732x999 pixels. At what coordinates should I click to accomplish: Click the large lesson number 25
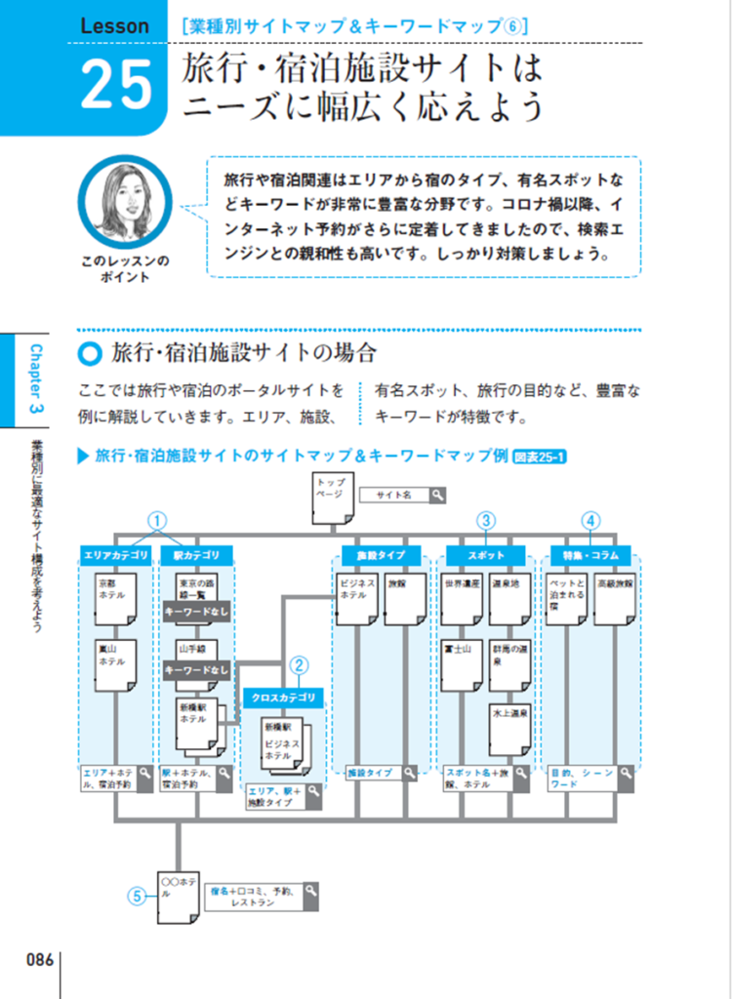click(x=116, y=85)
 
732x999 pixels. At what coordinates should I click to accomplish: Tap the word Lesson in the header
click(x=116, y=26)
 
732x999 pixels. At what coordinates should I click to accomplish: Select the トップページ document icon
click(x=332, y=497)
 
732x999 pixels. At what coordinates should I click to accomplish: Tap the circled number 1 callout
click(x=156, y=520)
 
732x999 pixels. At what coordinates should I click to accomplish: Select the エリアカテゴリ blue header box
click(x=115, y=555)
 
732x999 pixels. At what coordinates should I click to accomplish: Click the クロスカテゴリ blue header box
click(x=285, y=698)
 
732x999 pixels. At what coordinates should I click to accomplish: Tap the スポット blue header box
click(x=487, y=555)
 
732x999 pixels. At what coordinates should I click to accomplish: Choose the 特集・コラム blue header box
click(x=590, y=555)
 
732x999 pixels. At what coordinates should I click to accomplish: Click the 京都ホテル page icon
click(x=115, y=598)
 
